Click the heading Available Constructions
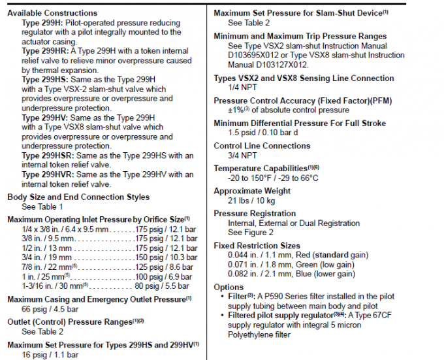(x=52, y=12)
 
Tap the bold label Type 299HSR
(x=49, y=155)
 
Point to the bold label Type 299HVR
(x=49, y=175)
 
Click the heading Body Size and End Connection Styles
(x=78, y=197)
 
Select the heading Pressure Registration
(x=255, y=213)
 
